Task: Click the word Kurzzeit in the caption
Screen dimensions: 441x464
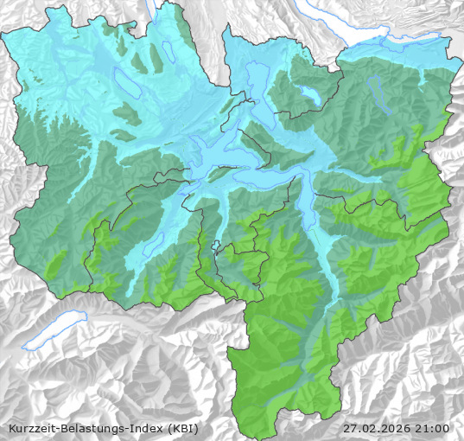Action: (x=28, y=428)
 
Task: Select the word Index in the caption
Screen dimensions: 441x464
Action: (x=142, y=428)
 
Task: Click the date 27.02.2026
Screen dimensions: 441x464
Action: (x=376, y=428)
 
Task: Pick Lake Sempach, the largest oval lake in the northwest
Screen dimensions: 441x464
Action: (x=127, y=85)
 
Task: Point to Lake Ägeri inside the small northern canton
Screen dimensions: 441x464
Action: (x=308, y=93)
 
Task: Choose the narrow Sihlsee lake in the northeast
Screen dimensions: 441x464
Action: (x=378, y=86)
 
